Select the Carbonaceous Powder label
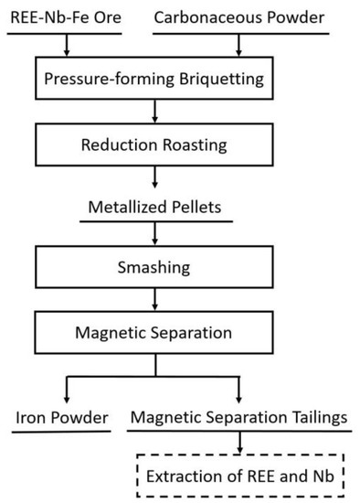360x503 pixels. point(239,17)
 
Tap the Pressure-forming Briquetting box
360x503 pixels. point(154,79)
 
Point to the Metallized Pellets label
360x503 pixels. point(155,209)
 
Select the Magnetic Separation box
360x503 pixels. point(154,330)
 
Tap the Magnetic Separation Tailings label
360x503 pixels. point(238,419)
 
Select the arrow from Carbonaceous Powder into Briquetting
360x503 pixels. point(239,44)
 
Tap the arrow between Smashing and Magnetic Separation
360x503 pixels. point(154,301)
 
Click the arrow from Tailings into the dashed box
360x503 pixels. point(239,442)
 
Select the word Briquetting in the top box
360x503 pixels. point(217,79)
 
